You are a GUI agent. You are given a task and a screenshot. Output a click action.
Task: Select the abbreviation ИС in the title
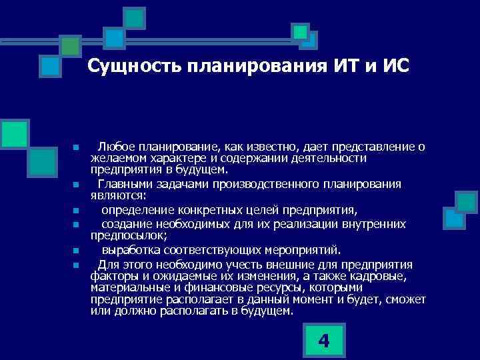click(395, 67)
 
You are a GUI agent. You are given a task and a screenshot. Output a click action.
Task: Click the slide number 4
click(324, 341)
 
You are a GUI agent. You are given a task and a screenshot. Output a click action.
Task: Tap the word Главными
click(123, 185)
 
